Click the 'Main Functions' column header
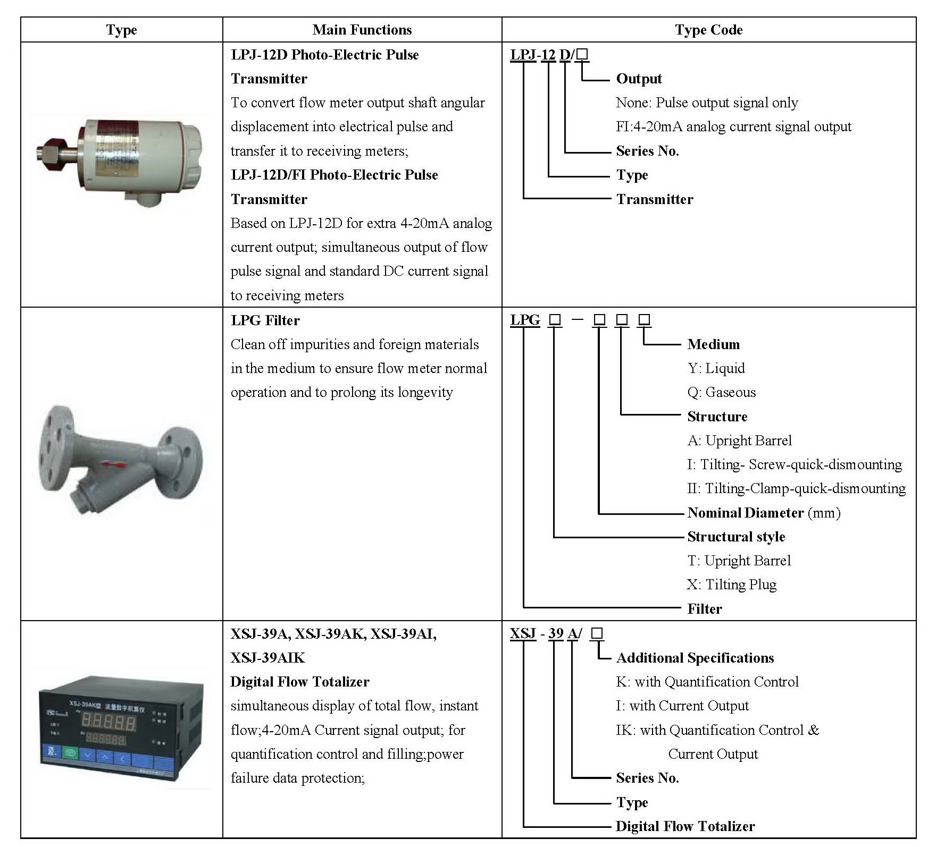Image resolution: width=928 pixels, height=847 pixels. pos(362,30)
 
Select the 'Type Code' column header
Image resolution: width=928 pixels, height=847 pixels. pos(709,30)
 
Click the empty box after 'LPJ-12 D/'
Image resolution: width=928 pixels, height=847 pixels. pos(582,54)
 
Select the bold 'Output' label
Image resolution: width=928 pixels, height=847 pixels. pos(639,79)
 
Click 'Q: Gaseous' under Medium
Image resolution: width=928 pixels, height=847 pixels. pos(721,392)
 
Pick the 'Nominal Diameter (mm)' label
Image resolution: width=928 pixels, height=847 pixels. pos(764,513)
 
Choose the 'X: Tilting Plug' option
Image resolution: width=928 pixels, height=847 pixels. pos(732,585)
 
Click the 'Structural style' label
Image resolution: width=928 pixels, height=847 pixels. pos(736,537)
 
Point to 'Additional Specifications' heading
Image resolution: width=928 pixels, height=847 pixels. pos(695,658)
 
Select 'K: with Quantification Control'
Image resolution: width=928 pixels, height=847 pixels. pos(707,682)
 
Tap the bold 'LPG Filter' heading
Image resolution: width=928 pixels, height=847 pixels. pos(265,320)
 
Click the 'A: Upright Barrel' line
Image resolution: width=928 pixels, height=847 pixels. pos(739,441)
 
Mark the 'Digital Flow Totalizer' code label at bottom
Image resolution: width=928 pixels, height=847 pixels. pos(685,826)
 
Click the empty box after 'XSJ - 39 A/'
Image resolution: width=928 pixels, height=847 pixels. pos(597,633)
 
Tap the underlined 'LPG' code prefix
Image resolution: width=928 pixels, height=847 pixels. pos(525,320)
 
